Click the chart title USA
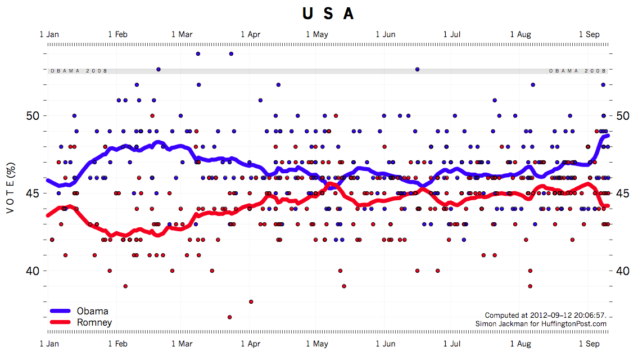point(328,13)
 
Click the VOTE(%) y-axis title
point(10,192)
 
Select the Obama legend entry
point(92,311)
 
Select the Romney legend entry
point(94,322)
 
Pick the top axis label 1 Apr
point(250,34)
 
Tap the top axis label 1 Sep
point(589,34)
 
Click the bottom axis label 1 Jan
point(49,343)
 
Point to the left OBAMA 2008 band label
point(79,71)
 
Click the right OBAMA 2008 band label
point(577,71)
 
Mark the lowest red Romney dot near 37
point(229,317)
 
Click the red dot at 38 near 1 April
point(251,301)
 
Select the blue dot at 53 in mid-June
point(417,69)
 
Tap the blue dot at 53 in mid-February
point(159,69)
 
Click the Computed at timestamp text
point(545,315)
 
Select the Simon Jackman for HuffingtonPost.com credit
point(541,323)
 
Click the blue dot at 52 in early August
point(532,85)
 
